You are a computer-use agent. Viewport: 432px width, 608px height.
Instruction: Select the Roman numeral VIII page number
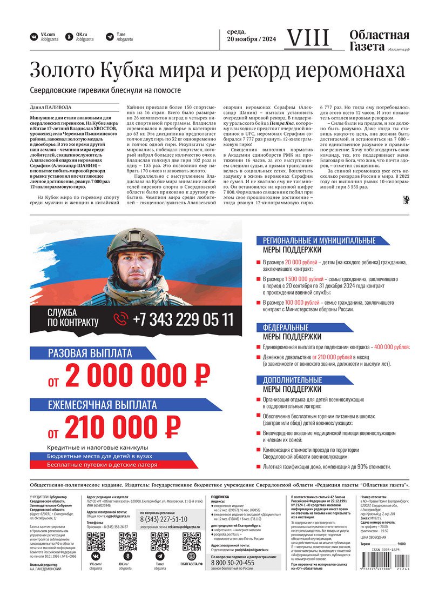click(307, 38)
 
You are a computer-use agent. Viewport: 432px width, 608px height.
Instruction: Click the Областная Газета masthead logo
click(379, 41)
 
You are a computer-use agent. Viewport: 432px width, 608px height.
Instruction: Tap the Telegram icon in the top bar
click(110, 37)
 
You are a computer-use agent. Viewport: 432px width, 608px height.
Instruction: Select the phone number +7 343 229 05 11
click(183, 319)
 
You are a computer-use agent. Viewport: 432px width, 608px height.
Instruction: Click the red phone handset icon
click(120, 319)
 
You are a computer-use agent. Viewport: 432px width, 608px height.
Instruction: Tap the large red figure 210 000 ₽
click(123, 427)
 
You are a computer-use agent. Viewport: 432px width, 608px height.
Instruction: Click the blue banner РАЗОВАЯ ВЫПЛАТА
click(90, 354)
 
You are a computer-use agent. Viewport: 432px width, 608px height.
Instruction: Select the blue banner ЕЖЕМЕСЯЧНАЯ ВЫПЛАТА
click(102, 405)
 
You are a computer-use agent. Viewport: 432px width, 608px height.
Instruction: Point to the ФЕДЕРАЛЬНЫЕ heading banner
click(286, 328)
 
